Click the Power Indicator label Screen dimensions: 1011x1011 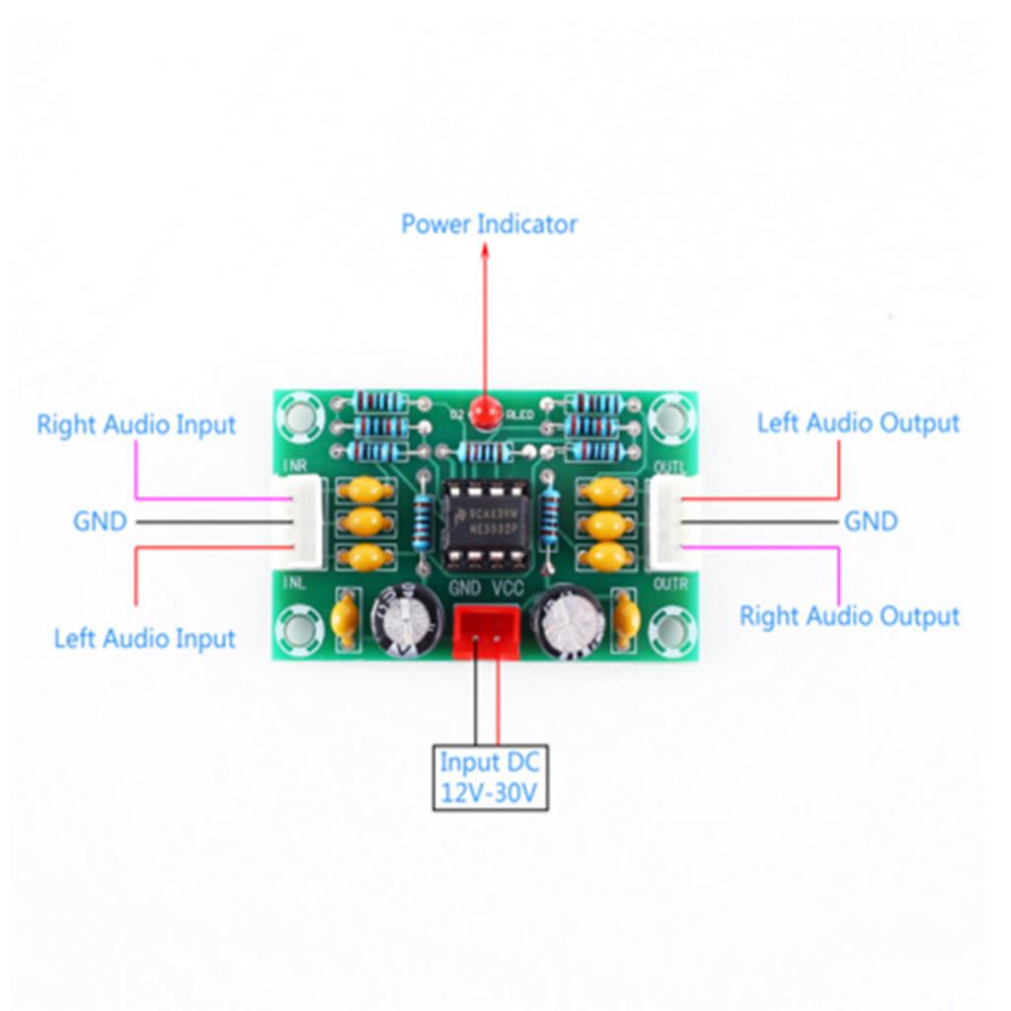489,224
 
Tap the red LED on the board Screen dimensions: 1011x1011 484,411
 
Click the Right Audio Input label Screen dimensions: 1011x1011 136,426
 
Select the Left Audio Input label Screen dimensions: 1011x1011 144,638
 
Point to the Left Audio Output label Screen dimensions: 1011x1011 858,424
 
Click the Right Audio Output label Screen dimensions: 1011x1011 849,616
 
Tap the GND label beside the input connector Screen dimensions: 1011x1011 100,520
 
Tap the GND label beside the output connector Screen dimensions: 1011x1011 871,520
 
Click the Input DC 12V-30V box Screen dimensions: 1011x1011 491,778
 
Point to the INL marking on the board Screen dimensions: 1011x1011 294,583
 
